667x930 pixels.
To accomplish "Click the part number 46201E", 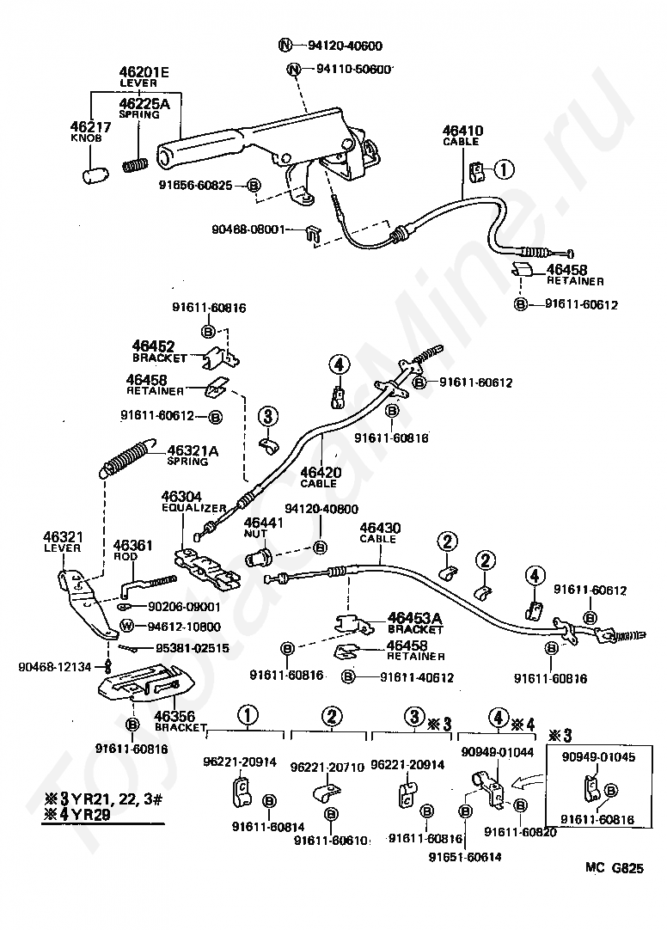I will (144, 72).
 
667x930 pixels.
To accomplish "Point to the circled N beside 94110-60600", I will (293, 70).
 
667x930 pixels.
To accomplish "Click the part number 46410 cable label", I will (462, 132).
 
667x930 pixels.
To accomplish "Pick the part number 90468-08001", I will (267, 230).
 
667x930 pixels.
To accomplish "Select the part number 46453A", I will (414, 617).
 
